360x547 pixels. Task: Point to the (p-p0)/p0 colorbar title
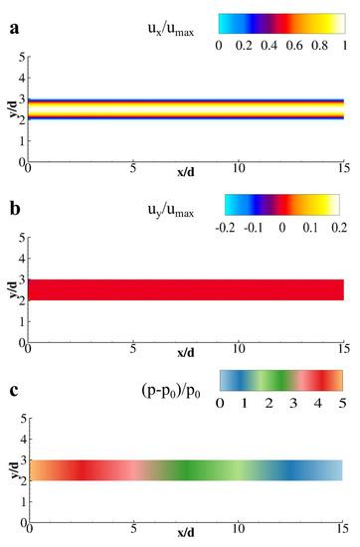tap(170, 381)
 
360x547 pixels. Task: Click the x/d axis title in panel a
tap(186, 174)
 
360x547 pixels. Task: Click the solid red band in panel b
tap(186, 289)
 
